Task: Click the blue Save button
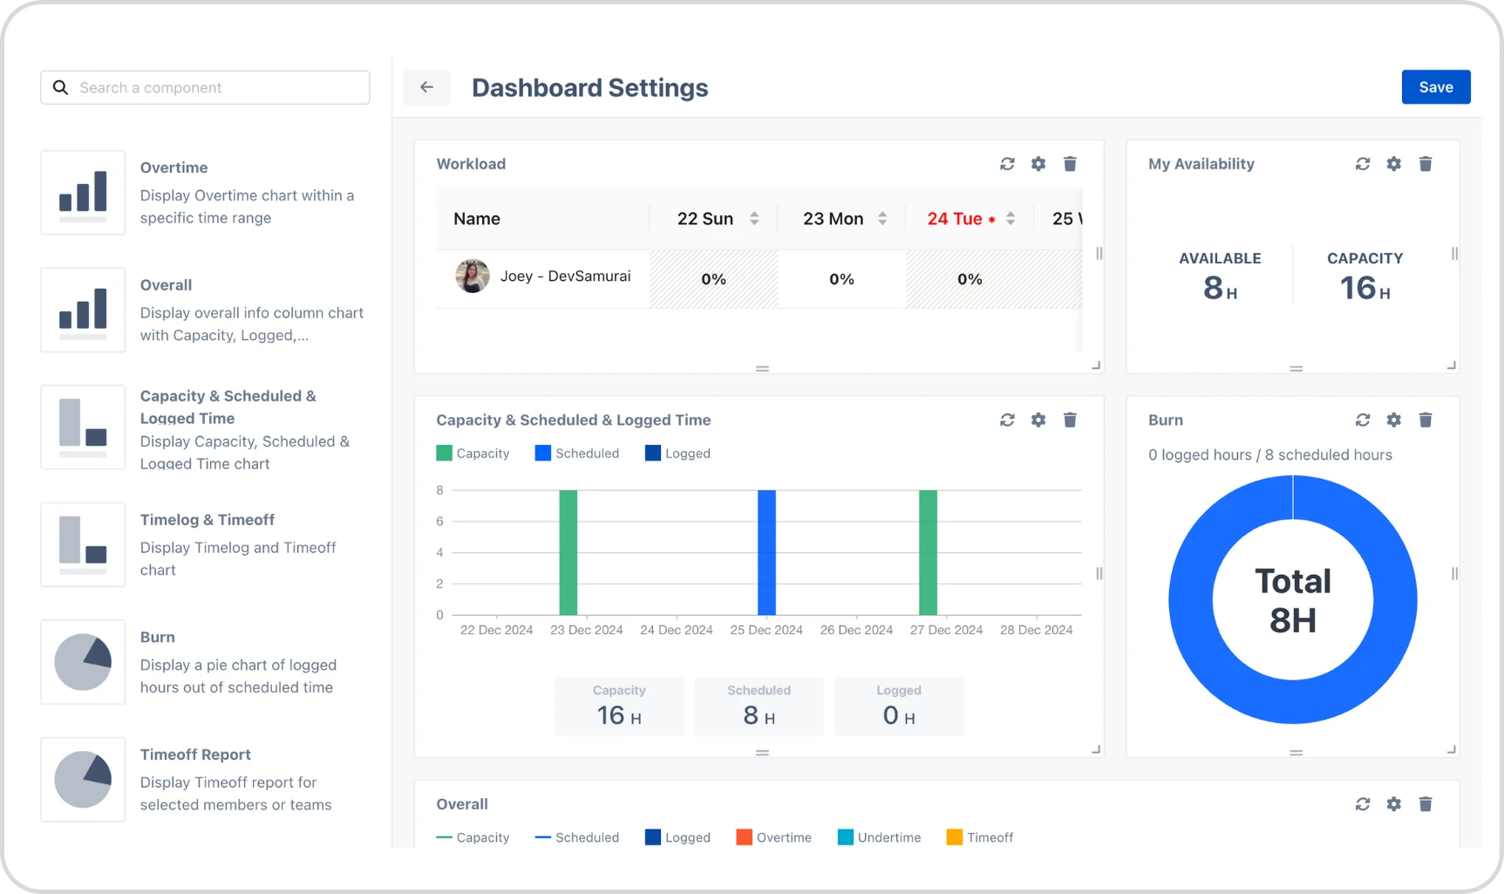point(1435,87)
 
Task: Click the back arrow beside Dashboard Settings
point(426,87)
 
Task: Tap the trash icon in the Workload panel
point(1070,164)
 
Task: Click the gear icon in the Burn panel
point(1393,420)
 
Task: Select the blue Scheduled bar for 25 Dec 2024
point(766,552)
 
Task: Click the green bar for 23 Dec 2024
point(568,552)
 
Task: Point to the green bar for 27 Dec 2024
point(928,552)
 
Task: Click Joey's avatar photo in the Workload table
point(472,276)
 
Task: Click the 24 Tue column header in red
point(955,219)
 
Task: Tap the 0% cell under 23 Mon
point(841,279)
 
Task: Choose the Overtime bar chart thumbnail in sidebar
point(83,193)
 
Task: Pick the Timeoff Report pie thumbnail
point(83,780)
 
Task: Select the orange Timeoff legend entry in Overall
point(979,837)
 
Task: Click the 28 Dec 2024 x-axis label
point(1036,630)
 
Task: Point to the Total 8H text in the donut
point(1292,600)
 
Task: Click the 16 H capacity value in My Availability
point(1364,288)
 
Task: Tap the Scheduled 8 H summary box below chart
point(759,706)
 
